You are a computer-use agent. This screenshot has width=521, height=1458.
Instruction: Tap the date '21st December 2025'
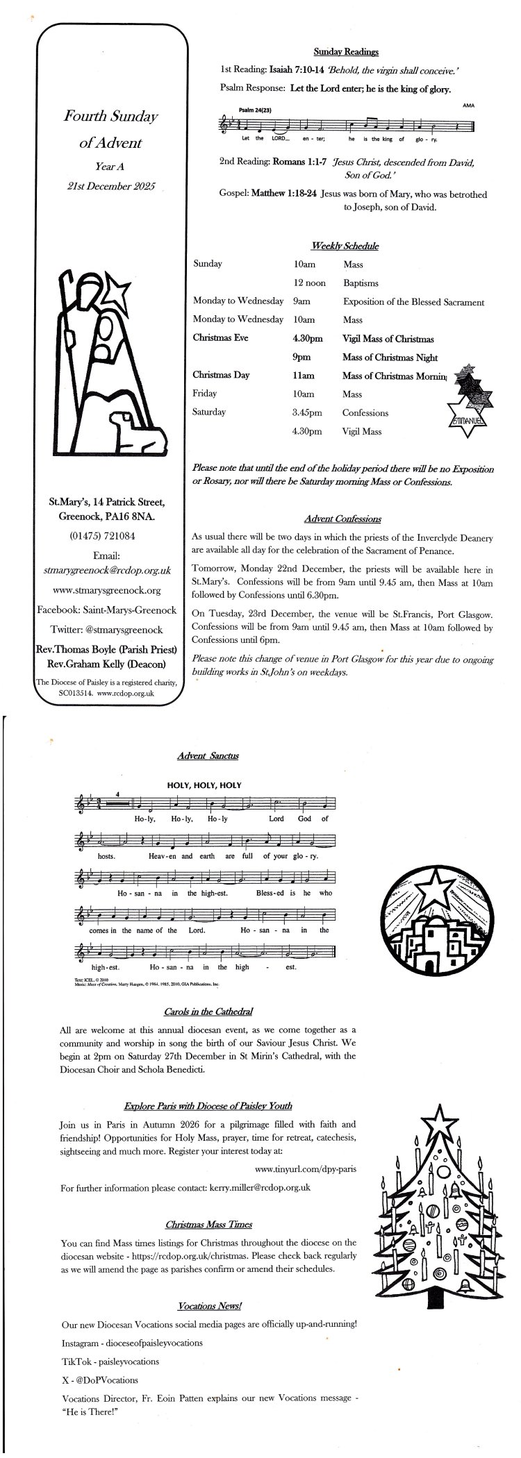[112, 185]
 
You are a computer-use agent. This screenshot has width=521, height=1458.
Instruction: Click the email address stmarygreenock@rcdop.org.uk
[112, 569]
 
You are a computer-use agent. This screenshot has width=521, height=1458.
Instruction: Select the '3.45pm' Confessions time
[308, 412]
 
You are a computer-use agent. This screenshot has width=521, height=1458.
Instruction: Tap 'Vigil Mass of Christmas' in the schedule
[388, 339]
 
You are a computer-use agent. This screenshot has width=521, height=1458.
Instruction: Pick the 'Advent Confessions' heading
[342, 519]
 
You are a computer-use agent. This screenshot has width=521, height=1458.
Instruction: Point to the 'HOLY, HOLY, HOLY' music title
[204, 785]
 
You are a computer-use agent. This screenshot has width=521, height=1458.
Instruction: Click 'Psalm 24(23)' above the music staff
[255, 110]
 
